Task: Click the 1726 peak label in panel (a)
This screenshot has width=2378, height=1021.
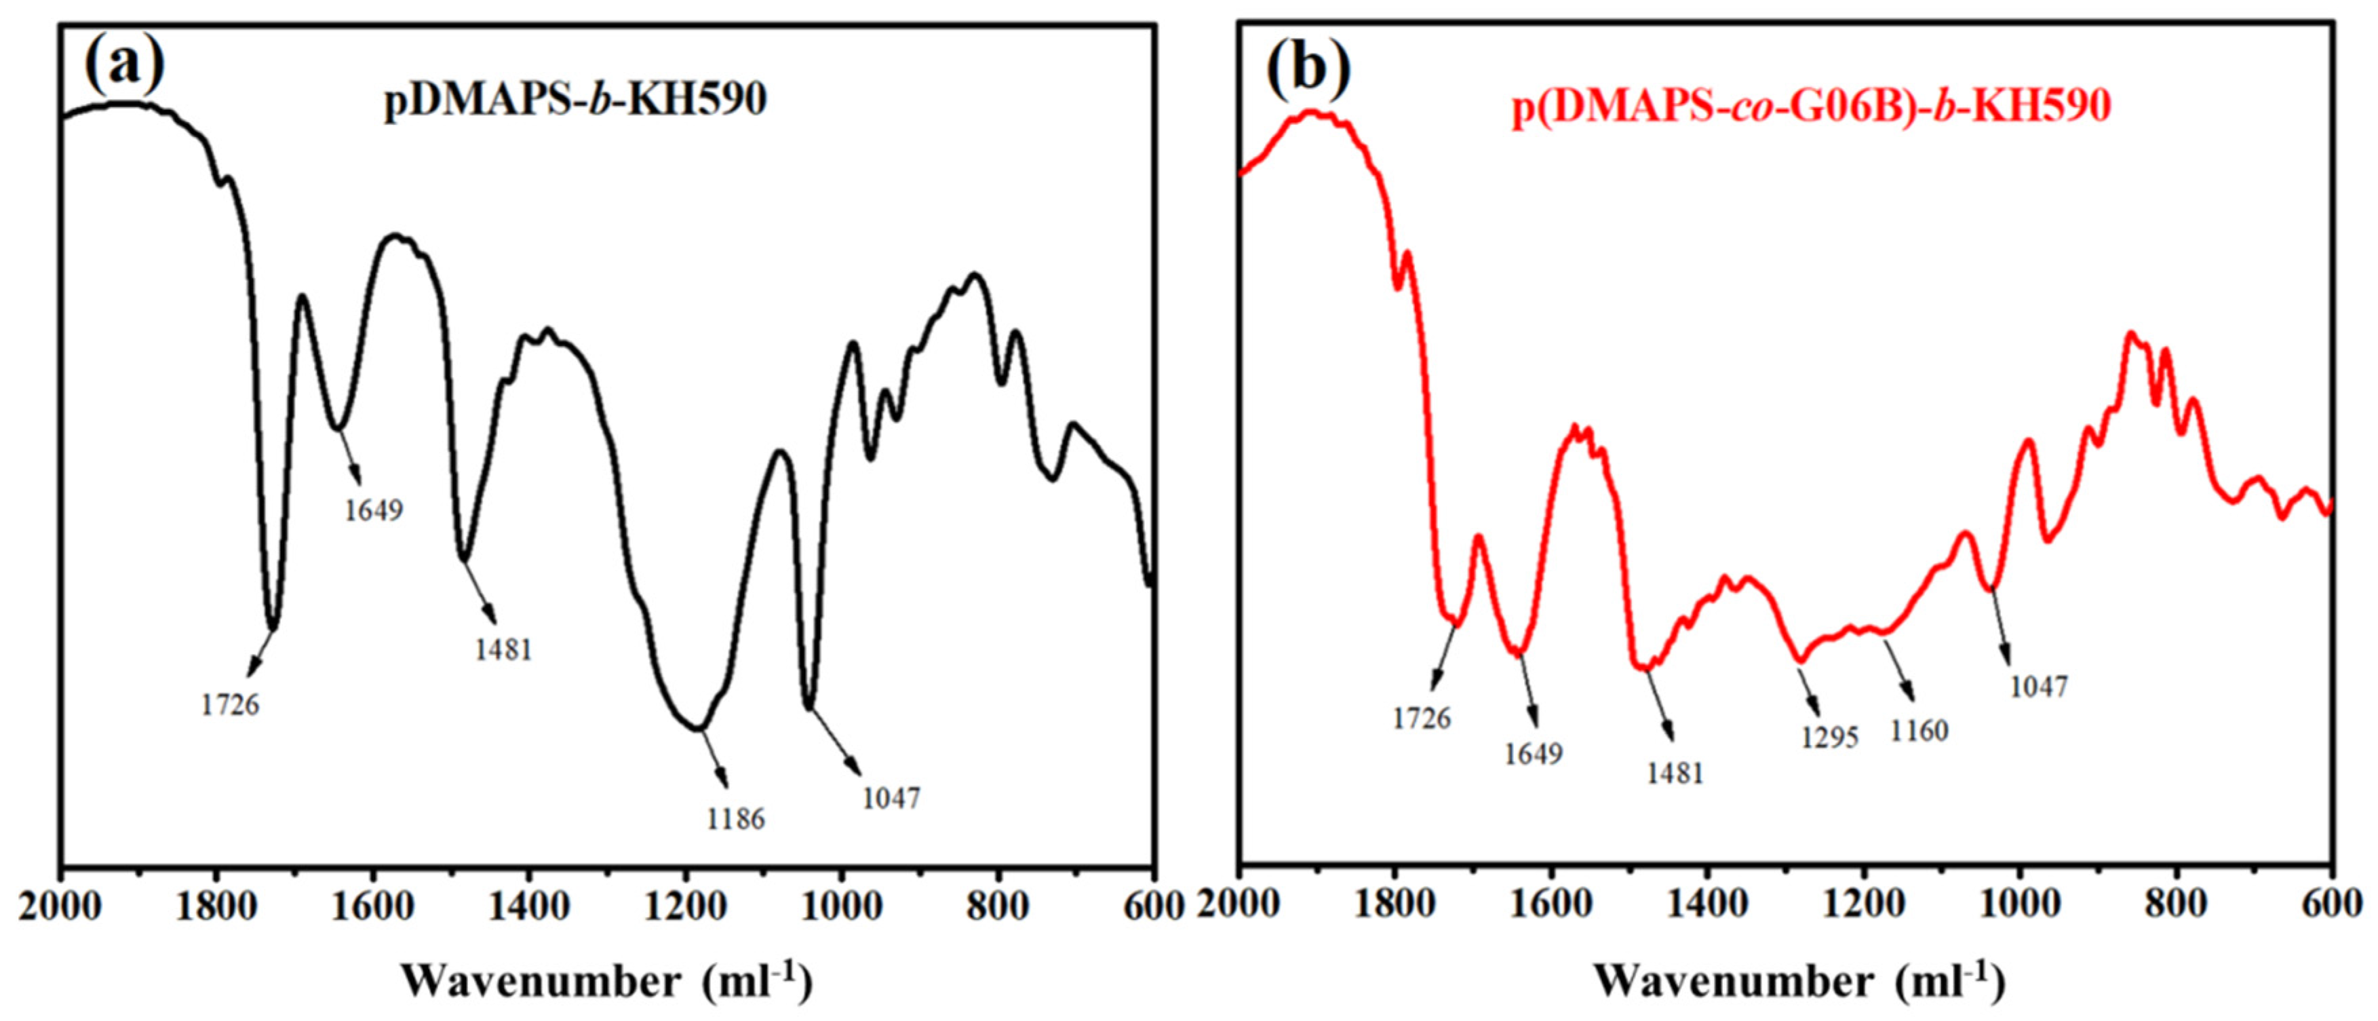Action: [230, 706]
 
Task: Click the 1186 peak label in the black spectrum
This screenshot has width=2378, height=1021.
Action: [736, 818]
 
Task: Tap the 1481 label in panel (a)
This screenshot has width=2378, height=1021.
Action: [503, 650]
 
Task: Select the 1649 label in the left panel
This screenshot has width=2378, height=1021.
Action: [374, 509]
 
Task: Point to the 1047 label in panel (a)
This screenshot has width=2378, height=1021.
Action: [891, 798]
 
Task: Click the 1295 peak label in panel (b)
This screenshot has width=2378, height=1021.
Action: [1829, 737]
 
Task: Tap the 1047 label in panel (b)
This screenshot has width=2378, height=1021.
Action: [2038, 687]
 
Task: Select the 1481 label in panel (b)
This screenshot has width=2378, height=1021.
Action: [1675, 773]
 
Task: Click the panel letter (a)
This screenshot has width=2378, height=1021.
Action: [123, 64]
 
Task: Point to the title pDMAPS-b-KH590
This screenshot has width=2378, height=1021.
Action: [575, 99]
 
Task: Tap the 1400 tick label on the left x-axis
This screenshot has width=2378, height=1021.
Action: [529, 906]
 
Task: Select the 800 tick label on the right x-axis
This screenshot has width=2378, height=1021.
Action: [2179, 905]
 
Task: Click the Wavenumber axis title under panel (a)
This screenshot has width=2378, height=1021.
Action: [606, 980]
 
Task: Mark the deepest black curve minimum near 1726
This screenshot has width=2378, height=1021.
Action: [273, 628]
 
